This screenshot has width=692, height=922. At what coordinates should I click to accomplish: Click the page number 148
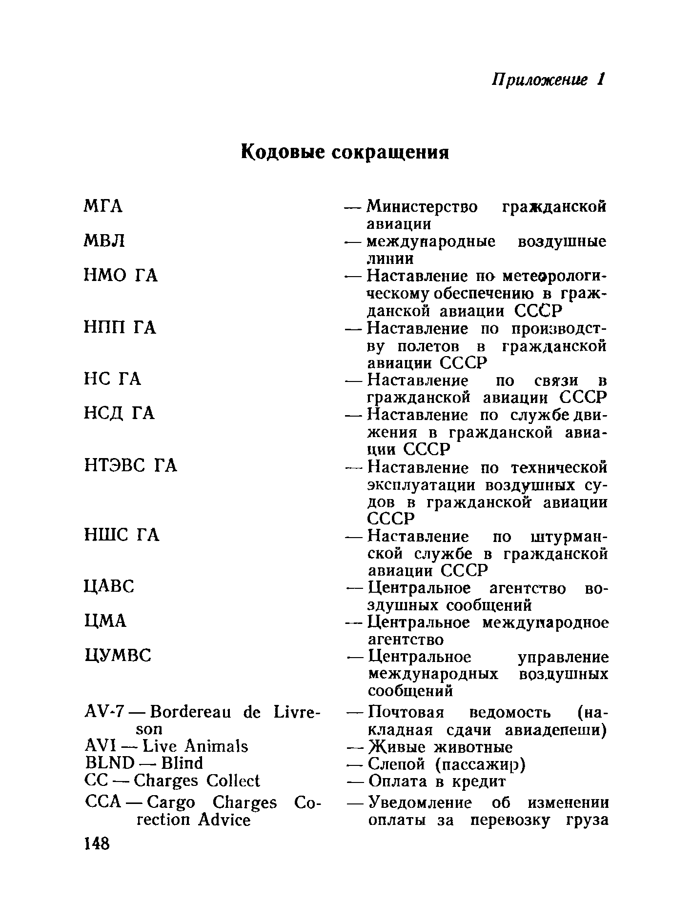click(98, 843)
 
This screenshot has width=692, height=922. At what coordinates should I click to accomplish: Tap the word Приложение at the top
click(540, 79)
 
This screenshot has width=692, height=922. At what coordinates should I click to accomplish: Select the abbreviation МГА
click(103, 206)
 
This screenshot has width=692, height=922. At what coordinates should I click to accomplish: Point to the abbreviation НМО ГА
click(121, 276)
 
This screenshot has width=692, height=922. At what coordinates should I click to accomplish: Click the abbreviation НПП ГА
click(120, 328)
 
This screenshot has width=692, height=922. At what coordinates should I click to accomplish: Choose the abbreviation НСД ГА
click(120, 414)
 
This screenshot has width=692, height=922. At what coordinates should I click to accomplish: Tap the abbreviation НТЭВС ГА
click(131, 466)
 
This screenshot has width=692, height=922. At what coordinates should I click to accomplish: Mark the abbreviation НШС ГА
click(122, 536)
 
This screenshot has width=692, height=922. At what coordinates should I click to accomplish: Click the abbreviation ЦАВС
click(109, 586)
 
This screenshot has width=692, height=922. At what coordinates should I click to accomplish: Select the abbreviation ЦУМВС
click(118, 655)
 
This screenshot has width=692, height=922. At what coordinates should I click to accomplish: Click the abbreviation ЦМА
click(105, 621)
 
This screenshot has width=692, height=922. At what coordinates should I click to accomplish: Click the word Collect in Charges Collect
click(233, 781)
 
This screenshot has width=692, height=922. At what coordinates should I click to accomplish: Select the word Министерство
click(423, 207)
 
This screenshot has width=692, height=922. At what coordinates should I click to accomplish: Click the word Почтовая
click(406, 713)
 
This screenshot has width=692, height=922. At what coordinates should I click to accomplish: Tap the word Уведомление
click(420, 802)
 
